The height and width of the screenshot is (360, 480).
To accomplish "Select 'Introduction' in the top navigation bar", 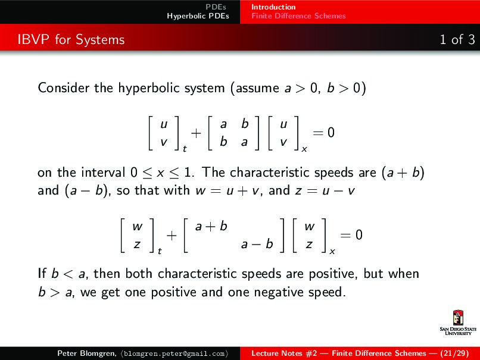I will pyautogui.click(x=273, y=7).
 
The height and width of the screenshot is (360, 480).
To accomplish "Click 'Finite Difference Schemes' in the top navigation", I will pyautogui.click(x=298, y=16).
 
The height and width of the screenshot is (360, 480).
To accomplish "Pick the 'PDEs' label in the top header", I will pyautogui.click(x=216, y=7).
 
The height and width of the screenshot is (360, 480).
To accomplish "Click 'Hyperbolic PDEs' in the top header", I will pyautogui.click(x=198, y=16).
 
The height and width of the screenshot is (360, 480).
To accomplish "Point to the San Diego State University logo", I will pyautogui.click(x=457, y=324).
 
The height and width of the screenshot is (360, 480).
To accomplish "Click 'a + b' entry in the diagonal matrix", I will pyautogui.click(x=211, y=227).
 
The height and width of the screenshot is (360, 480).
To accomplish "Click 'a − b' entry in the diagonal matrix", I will pyautogui.click(x=257, y=243).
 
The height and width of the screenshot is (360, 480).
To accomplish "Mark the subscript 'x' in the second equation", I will pyautogui.click(x=332, y=251).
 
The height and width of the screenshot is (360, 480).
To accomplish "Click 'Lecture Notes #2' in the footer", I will pyautogui.click(x=284, y=353).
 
